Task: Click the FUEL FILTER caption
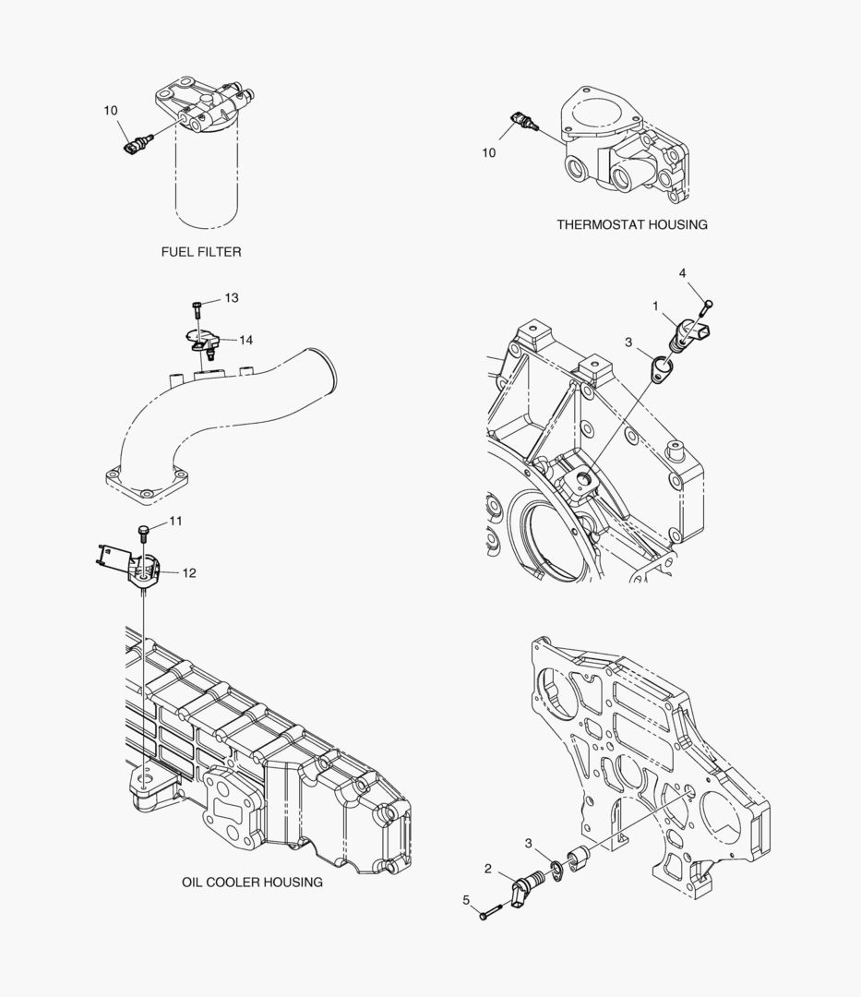coord(201,251)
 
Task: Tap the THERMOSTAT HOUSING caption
coord(631,224)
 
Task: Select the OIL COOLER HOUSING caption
coord(252,882)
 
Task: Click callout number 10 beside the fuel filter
coord(111,111)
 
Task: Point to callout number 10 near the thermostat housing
coord(489,152)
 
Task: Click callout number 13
coord(231,297)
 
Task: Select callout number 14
coord(245,340)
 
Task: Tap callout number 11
coord(175,521)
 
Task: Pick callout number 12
coord(189,572)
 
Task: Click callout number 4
coord(682,273)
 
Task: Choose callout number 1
coord(655,305)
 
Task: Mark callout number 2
coord(487,868)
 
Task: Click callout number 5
coord(466,899)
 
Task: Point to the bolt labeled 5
coord(490,912)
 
